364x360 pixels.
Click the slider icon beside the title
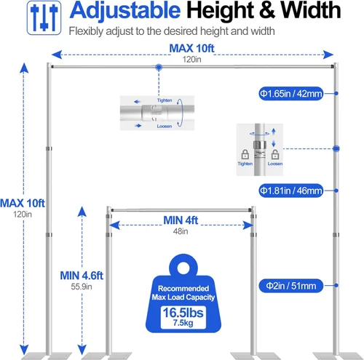(44, 17)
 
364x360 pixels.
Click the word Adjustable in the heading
(125, 10)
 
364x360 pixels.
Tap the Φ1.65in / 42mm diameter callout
(291, 94)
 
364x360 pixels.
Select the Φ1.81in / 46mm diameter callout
(291, 191)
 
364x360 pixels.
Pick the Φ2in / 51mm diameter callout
(291, 286)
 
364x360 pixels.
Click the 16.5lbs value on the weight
(183, 313)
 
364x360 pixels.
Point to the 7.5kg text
(183, 323)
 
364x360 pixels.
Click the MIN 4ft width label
(181, 220)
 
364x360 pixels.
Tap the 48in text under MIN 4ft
(181, 231)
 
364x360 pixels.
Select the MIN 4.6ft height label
(82, 276)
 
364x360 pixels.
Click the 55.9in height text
(82, 287)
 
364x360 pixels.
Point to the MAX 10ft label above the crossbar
(191, 48)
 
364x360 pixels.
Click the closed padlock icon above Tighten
(245, 154)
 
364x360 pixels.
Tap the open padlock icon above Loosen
(275, 154)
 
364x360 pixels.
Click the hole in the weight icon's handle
(184, 268)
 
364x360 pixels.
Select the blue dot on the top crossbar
(159, 67)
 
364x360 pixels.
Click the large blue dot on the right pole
(336, 148)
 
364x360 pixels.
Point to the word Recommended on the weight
(183, 289)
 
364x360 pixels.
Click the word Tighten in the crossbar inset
(165, 100)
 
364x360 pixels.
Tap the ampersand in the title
(267, 10)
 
